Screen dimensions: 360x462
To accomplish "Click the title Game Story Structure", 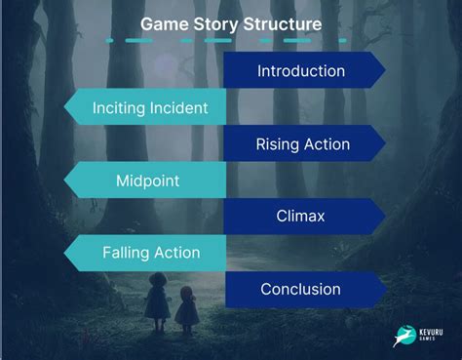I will point(230,21).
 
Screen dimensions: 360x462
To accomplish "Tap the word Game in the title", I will point(161,21).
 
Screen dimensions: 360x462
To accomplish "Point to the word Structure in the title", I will point(286,21).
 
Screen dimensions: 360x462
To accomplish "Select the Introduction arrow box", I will point(301,71).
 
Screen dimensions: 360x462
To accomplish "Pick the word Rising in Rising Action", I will point(278,144).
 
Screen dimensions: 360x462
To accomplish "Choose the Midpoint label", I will point(147,180).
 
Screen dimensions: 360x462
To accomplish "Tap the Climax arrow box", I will point(300,217).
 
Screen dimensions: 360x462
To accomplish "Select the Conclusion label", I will point(300,289).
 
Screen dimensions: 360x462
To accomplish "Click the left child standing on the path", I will point(157,300).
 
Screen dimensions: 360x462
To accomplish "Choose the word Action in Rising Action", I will point(327,144).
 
